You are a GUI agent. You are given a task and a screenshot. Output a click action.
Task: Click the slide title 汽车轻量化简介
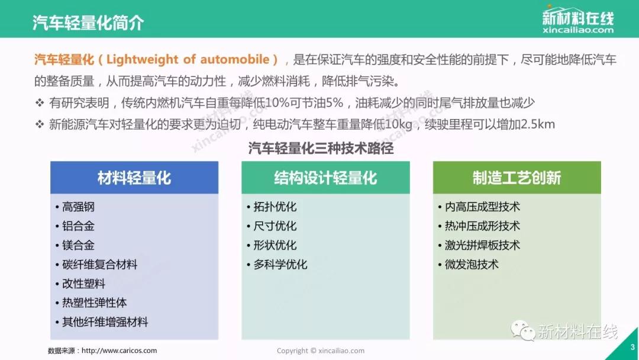[88, 22]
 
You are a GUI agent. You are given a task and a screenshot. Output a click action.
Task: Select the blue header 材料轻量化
[134, 178]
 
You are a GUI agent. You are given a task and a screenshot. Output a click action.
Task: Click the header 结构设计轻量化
[325, 178]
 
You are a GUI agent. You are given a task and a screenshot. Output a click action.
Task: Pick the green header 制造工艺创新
[517, 178]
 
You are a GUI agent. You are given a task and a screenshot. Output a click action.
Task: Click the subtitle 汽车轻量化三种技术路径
[321, 148]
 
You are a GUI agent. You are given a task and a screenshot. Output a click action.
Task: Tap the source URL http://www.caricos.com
[119, 351]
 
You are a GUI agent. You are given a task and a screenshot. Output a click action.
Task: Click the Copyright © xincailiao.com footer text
[321, 351]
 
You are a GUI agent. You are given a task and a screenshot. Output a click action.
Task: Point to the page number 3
[632, 348]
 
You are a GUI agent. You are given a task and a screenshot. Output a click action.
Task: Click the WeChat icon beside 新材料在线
[523, 330]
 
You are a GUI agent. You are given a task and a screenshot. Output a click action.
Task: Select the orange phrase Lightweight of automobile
[188, 60]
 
